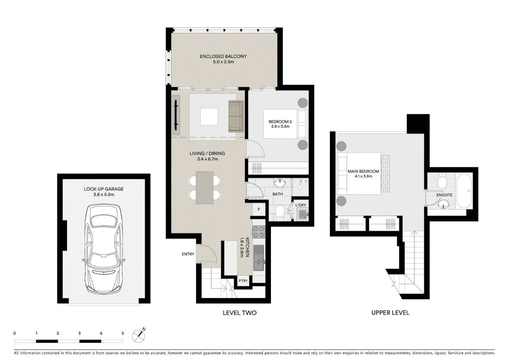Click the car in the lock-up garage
click(x=104, y=249)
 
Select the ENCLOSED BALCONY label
click(x=223, y=56)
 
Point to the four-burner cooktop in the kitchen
click(x=259, y=232)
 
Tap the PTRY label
click(x=243, y=281)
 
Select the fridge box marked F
click(x=259, y=210)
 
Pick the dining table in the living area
click(x=205, y=188)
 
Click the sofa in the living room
click(x=236, y=117)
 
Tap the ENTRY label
click(x=188, y=254)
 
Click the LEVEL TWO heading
click(x=239, y=313)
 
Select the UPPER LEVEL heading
click(x=390, y=313)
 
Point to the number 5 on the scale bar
click(x=123, y=333)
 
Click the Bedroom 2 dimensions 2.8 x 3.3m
click(x=280, y=127)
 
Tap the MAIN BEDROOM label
click(x=363, y=171)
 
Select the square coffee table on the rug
click(x=209, y=117)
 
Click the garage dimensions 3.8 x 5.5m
click(x=104, y=195)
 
